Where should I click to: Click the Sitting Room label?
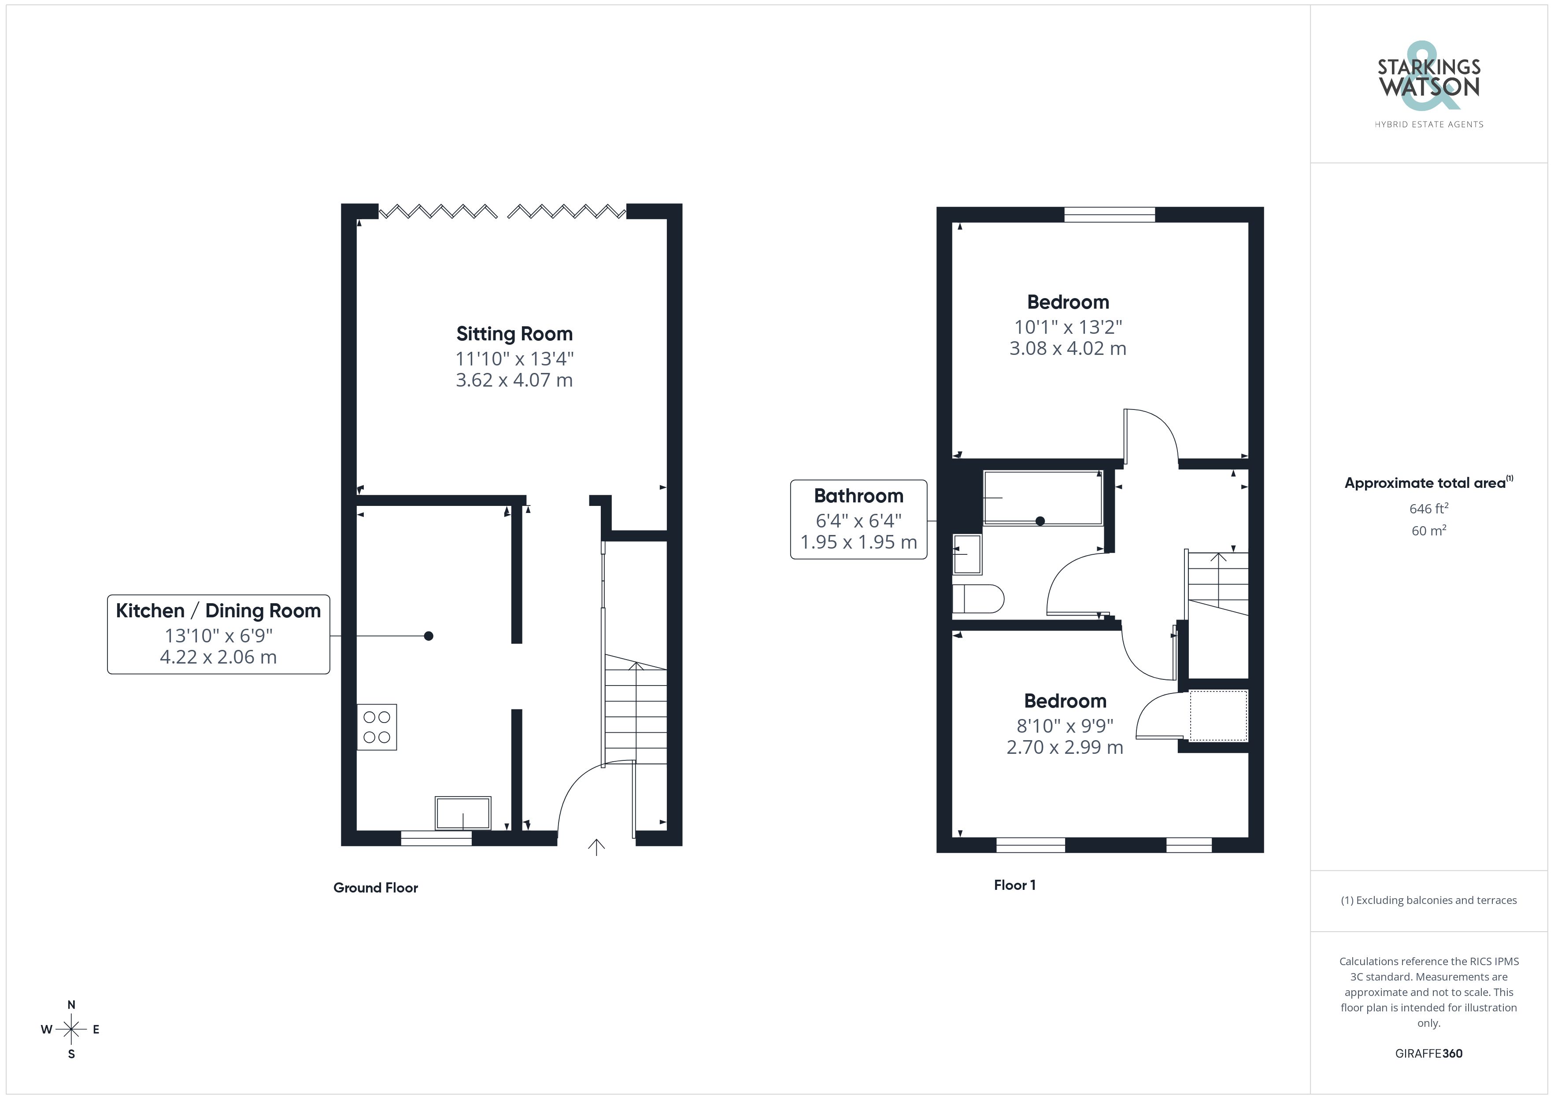coord(514,334)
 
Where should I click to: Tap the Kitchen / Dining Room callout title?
coord(218,610)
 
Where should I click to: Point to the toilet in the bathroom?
coord(977,598)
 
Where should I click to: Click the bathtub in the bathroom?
coord(1042,498)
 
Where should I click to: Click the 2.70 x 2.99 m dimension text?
coord(1065,747)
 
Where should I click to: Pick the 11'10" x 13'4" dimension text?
coord(514,359)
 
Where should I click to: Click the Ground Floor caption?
coord(376,888)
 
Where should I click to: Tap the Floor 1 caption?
coord(1014,885)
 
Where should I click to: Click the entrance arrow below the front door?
coord(596,847)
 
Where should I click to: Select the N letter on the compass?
coord(71,1005)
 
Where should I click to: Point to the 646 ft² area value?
coord(1429,508)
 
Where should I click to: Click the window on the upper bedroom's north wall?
coord(1109,214)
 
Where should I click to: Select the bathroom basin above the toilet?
coord(967,554)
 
